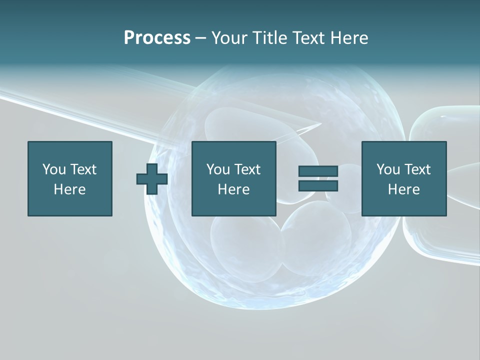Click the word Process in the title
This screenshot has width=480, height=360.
coord(157,38)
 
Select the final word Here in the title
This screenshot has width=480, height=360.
coord(349,38)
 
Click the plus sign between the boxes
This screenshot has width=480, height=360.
coord(152,179)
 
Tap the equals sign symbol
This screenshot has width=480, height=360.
coord(318,178)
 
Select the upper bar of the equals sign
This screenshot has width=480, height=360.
coord(318,171)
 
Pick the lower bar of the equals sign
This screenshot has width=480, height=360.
coord(318,185)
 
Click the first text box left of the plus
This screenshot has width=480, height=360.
coord(70,178)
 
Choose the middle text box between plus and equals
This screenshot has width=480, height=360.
coord(233,178)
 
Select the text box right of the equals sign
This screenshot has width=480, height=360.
coord(404,178)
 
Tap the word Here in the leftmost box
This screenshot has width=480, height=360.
coord(70,189)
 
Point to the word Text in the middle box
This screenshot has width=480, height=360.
coord(247,169)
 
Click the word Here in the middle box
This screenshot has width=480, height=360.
coord(233,189)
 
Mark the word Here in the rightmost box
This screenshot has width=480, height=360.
coord(404,189)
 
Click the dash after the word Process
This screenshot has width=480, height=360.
coord(201,38)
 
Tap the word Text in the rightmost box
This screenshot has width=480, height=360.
coord(417,169)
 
